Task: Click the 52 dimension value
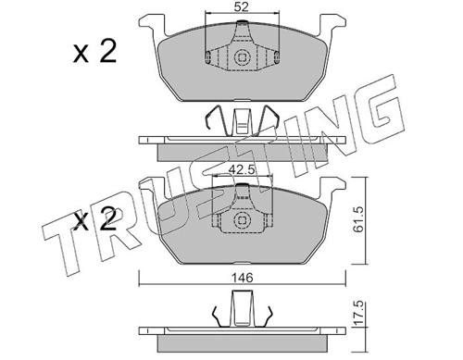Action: [x=241, y=6]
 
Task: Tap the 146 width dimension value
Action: [x=243, y=278]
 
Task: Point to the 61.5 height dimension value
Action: [x=359, y=219]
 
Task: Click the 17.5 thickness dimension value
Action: [x=359, y=314]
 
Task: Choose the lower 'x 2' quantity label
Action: [x=94, y=219]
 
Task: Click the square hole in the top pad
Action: [x=242, y=57]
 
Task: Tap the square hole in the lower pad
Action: [x=242, y=220]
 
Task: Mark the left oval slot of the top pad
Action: [x=208, y=56]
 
